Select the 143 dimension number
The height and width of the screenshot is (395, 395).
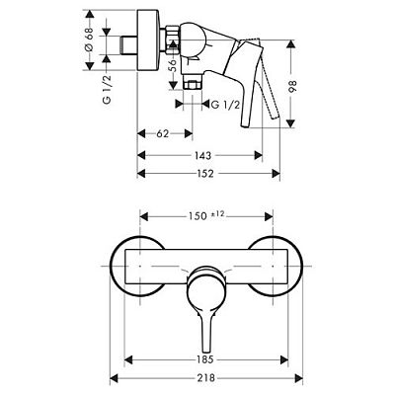click(x=202, y=156)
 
